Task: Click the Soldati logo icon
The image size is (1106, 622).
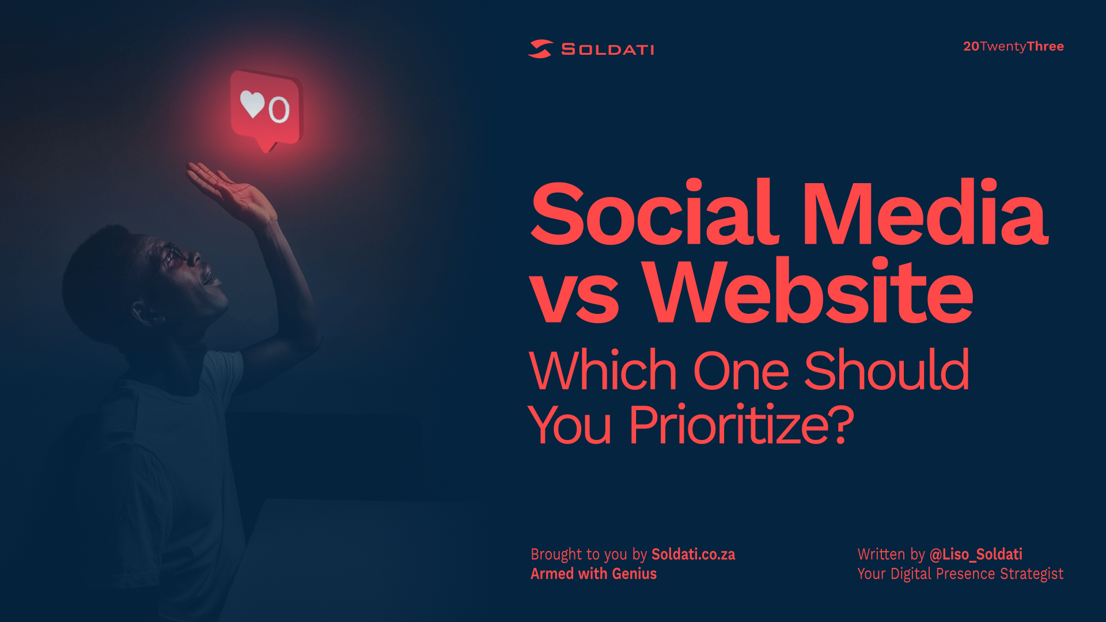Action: (540, 49)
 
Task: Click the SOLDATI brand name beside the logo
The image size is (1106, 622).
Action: (608, 50)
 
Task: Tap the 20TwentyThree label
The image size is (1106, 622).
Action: (1013, 46)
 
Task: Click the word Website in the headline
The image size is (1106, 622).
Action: (808, 291)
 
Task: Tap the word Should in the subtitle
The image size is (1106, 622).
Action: (887, 370)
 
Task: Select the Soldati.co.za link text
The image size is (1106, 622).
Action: (693, 554)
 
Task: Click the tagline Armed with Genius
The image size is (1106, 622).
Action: (593, 574)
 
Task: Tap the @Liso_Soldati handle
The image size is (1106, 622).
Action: (976, 554)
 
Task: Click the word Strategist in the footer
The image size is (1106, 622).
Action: (1032, 574)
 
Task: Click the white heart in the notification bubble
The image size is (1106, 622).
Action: (252, 104)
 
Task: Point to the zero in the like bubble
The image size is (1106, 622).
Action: (279, 109)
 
